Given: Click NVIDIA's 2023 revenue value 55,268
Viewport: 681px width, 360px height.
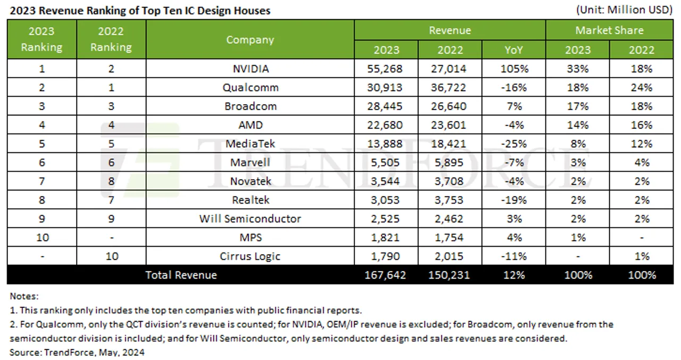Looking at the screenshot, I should (x=386, y=69).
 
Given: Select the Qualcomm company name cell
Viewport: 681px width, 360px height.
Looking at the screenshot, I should (x=250, y=87).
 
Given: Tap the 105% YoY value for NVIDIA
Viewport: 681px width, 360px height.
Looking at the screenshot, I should (x=513, y=69).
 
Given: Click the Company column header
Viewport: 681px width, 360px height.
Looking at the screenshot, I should (x=250, y=40).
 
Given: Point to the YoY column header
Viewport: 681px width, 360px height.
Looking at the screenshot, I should (x=513, y=49).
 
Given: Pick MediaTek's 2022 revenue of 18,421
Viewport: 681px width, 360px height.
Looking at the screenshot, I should (x=450, y=144).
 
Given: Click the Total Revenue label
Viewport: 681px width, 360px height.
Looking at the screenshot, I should (x=181, y=275).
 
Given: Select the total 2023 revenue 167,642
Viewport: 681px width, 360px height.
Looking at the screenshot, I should (x=386, y=275).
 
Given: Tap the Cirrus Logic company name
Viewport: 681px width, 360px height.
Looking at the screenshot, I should (x=250, y=256).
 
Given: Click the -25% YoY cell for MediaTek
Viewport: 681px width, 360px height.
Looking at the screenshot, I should (x=513, y=144).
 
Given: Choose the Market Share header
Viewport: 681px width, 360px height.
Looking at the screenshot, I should (x=609, y=30).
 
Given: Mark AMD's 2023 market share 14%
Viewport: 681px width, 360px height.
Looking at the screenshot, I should (x=578, y=125).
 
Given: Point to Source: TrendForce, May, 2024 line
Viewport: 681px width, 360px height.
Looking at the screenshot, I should (x=77, y=351).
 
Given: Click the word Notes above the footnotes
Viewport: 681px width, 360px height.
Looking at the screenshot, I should (x=24, y=296).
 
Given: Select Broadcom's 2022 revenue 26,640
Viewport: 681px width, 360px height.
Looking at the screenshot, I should (x=450, y=106).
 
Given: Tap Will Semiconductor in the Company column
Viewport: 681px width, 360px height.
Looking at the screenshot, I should (x=250, y=219).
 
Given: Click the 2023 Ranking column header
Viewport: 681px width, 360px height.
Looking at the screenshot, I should (x=41, y=39).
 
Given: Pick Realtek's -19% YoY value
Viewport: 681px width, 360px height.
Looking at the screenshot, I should (x=513, y=200).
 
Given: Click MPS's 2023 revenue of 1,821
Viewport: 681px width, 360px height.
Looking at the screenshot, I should (x=386, y=237).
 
